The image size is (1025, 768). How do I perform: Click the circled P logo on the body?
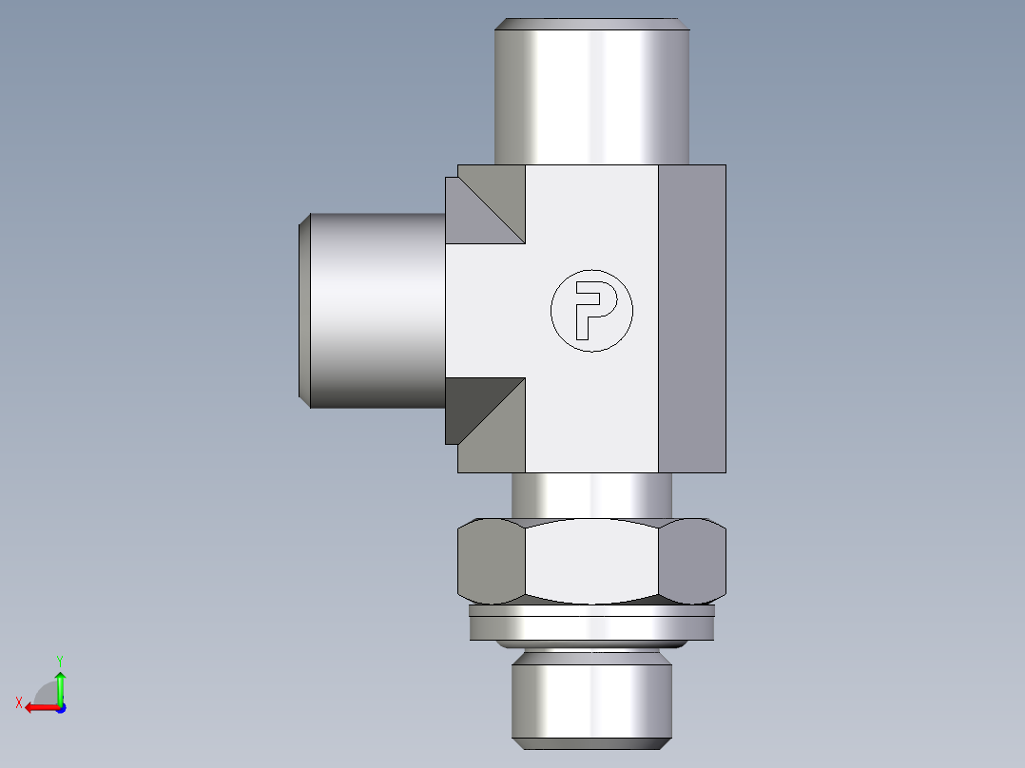point(591,311)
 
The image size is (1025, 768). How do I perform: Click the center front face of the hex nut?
point(591,562)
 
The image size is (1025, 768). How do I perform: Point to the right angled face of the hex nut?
point(692,562)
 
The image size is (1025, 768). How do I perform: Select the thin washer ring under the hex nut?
point(591,626)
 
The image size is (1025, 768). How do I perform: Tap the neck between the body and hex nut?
point(591,495)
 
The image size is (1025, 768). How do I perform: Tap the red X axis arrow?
point(39,707)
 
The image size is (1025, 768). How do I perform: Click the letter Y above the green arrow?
point(59,660)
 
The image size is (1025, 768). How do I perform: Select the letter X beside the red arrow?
point(18,703)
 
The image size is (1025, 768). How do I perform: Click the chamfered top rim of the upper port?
point(590,24)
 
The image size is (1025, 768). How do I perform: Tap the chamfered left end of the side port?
point(304,310)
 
